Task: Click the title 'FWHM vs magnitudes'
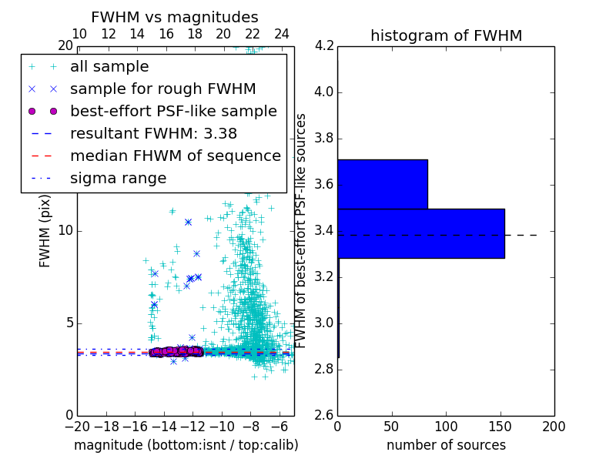(x=174, y=17)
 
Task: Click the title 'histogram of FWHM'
(x=446, y=35)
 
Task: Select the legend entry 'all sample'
(x=109, y=67)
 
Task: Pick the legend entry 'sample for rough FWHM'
(x=163, y=89)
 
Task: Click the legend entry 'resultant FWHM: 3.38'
(x=153, y=133)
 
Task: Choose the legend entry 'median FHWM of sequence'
(x=175, y=156)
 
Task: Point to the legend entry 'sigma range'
(x=118, y=178)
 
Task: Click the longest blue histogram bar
(x=420, y=233)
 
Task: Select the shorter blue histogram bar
(x=383, y=184)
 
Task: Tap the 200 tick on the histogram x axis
(x=554, y=426)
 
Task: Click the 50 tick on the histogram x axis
(x=391, y=426)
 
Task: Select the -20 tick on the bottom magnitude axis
(x=77, y=426)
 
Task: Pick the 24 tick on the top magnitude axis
(x=282, y=34)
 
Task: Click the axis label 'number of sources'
(x=446, y=445)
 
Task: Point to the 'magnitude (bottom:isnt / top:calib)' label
(x=186, y=445)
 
